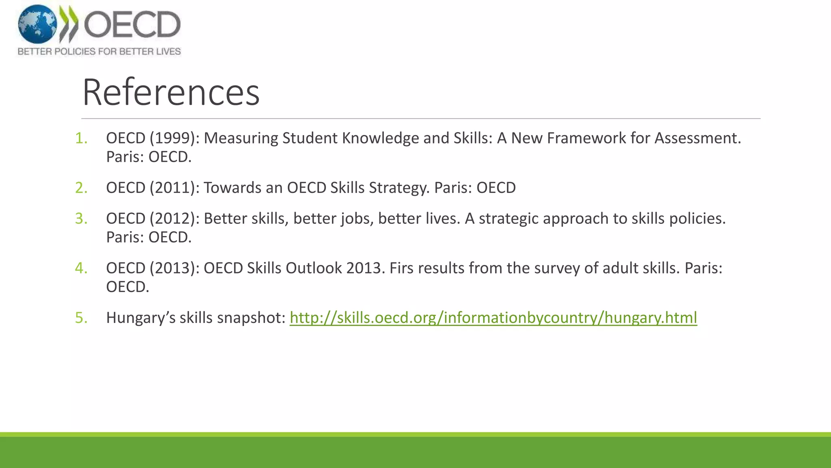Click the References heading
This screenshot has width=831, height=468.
click(x=171, y=93)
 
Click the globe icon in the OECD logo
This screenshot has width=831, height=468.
click(x=37, y=24)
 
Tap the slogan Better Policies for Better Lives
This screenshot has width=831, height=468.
click(x=99, y=52)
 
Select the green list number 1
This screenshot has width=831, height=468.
click(x=81, y=138)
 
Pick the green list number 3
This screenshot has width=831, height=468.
click(x=81, y=219)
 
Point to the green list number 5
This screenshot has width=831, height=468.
click(x=81, y=318)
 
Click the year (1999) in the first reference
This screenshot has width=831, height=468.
click(x=172, y=138)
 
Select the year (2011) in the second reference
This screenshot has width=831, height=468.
click(x=172, y=188)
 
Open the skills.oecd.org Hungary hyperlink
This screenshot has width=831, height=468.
click(x=493, y=318)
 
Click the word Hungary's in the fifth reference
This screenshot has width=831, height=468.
click(x=140, y=318)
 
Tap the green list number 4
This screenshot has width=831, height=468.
click(x=81, y=268)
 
